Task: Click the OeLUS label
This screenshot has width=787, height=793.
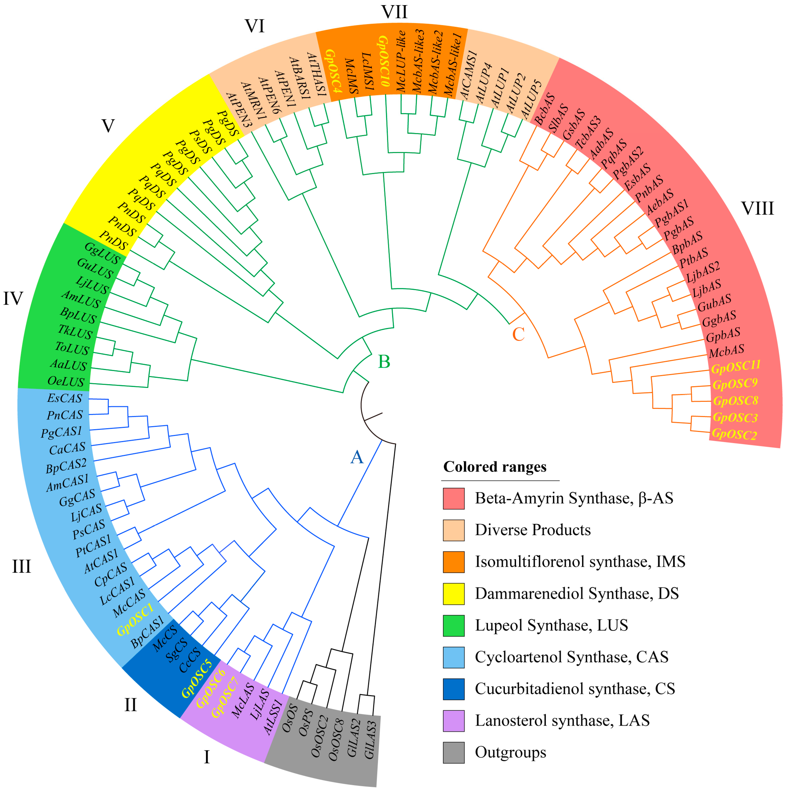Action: click(66, 381)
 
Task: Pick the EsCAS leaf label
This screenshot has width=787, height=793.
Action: click(65, 398)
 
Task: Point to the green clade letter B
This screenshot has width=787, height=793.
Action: click(384, 362)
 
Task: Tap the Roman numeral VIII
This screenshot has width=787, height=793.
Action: click(757, 209)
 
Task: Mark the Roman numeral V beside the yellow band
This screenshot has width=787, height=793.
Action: click(107, 126)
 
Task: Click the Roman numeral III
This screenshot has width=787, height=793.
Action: click(21, 566)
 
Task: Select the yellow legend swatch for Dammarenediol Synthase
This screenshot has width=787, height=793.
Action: click(453, 594)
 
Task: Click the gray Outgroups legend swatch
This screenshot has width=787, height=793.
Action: click(453, 752)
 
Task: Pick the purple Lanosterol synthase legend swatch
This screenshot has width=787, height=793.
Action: click(453, 721)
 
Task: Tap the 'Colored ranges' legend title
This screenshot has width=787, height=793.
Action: click(495, 467)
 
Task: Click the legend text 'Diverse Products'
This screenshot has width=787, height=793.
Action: click(533, 530)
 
